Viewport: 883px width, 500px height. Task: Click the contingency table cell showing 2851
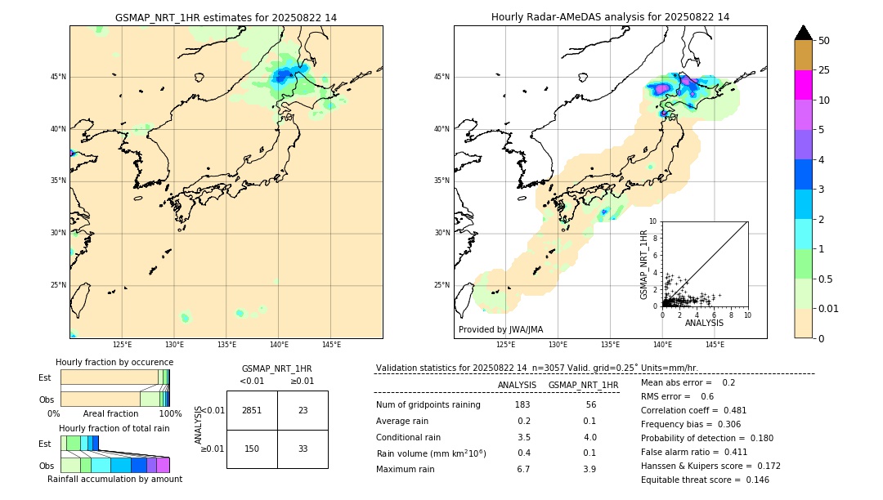[252, 410]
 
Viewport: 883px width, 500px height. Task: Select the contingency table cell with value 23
[303, 410]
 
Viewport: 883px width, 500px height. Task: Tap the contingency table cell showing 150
[252, 449]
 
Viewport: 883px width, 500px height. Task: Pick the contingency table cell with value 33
[303, 449]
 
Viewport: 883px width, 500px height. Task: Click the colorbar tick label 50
[824, 41]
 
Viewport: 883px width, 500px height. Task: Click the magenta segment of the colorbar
[804, 85]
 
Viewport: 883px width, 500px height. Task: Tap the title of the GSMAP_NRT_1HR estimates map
[226, 17]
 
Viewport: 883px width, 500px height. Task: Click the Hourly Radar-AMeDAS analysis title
[610, 17]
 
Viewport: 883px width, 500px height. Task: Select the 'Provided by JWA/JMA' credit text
[500, 329]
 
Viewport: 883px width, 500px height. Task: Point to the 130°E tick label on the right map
[558, 345]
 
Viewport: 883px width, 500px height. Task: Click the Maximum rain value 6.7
[523, 469]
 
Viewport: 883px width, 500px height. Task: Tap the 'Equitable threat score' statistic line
[705, 480]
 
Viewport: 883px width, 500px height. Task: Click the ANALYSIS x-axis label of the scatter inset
[704, 323]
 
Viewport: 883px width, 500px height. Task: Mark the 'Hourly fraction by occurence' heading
[114, 362]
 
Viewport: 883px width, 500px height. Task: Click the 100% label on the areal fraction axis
[170, 414]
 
